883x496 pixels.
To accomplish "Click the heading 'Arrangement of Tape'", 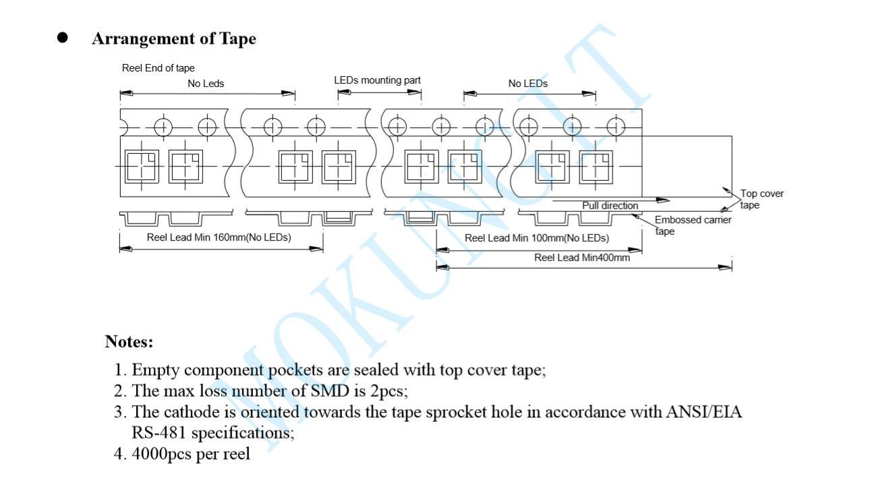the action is (174, 38).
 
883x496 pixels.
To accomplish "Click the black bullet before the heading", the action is (62, 38).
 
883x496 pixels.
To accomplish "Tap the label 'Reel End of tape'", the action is (158, 67).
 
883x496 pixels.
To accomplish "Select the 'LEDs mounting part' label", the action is (377, 80).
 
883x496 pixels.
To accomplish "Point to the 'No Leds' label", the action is (206, 83).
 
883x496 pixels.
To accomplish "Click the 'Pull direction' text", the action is (610, 205).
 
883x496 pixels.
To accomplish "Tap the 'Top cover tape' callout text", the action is (762, 199).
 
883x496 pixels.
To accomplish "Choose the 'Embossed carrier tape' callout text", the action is (693, 225).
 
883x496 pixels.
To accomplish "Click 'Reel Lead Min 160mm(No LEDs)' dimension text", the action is (219, 238).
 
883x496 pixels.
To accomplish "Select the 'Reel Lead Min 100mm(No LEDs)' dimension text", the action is (536, 238).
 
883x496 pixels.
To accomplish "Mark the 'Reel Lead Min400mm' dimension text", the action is (582, 258).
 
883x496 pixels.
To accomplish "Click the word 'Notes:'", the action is (129, 341).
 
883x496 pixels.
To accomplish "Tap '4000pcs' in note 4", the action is (161, 453).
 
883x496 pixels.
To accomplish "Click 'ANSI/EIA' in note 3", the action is (704, 412).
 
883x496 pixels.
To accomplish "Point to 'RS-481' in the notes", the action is (159, 433).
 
